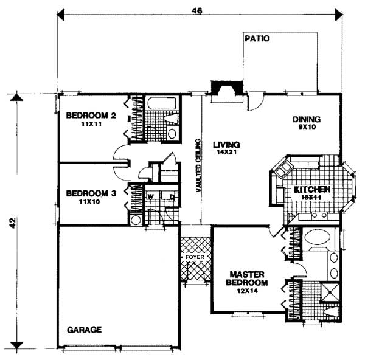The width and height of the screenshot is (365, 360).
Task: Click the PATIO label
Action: [257, 38]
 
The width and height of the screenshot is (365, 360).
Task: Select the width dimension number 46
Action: [198, 10]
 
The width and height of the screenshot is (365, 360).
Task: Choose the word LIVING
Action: [226, 145]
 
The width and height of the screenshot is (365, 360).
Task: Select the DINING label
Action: [306, 119]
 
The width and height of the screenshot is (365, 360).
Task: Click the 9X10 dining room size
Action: [306, 128]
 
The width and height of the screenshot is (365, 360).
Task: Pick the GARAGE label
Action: [84, 329]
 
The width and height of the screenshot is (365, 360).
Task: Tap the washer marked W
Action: [150, 196]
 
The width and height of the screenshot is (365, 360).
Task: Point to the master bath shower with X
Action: [330, 293]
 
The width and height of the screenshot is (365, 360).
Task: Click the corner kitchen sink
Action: [282, 171]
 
